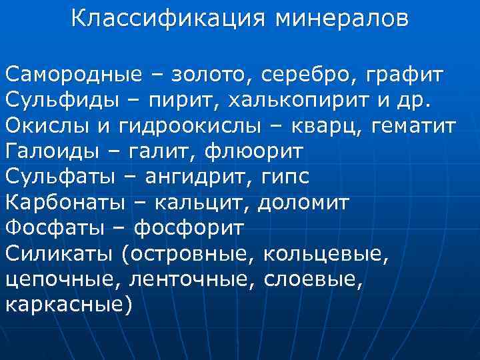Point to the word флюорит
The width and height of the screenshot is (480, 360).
257,151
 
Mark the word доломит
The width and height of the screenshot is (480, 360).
303,202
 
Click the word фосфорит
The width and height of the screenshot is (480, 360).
189,227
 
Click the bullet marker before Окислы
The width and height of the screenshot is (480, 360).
3,126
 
